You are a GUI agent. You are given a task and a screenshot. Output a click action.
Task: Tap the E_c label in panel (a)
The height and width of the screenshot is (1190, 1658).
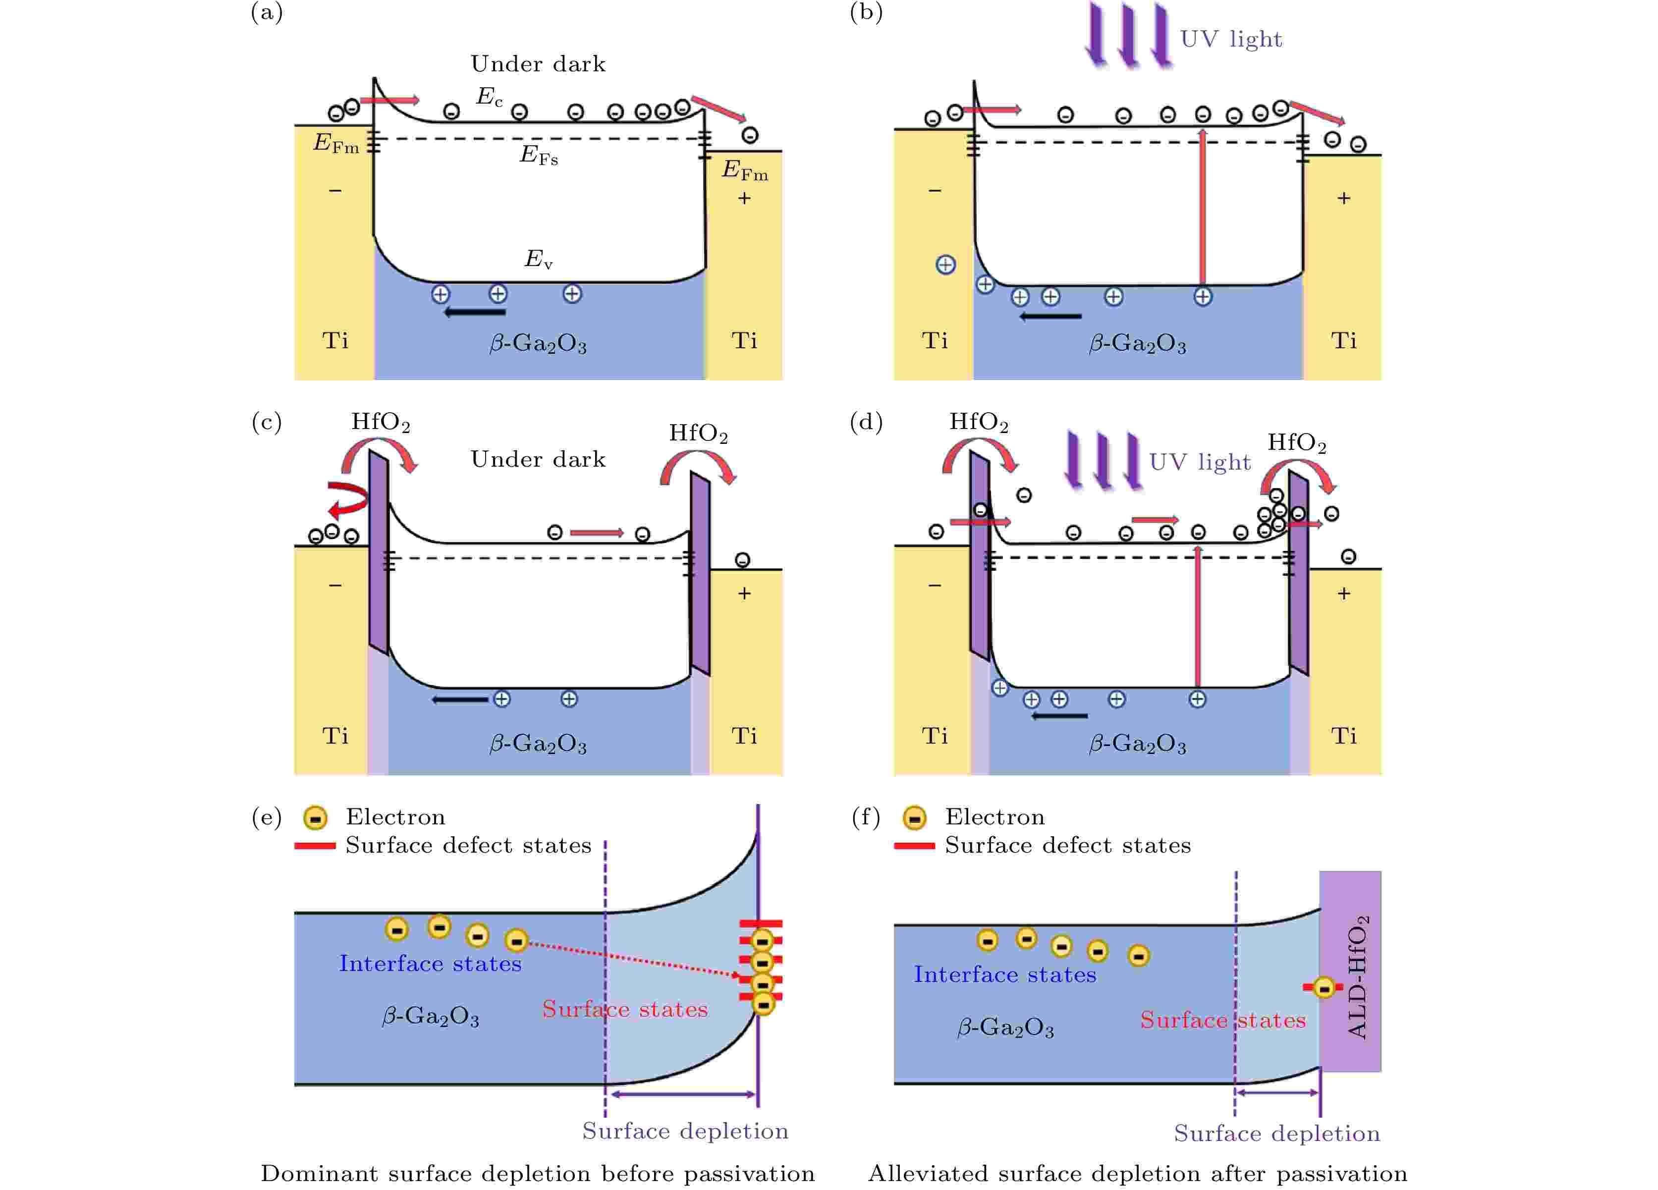[489, 97]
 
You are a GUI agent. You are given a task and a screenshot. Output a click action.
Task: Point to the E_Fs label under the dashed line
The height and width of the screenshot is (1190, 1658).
[539, 156]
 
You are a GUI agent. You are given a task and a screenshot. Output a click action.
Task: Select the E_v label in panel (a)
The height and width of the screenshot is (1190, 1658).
[538, 259]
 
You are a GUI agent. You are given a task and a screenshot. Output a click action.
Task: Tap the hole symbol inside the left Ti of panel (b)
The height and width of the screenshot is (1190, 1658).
[945, 265]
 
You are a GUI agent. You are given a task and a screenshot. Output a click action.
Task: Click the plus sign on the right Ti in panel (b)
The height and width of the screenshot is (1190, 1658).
[1344, 198]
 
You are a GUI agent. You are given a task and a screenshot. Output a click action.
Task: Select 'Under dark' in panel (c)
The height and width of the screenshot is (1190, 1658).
[538, 459]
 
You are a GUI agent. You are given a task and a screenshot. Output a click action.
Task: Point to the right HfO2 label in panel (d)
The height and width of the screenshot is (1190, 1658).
[1296, 443]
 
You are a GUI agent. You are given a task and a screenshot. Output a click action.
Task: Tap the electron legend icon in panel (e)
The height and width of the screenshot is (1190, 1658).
[315, 818]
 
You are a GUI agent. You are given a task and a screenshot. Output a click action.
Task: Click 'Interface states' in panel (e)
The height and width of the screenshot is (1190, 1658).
[430, 964]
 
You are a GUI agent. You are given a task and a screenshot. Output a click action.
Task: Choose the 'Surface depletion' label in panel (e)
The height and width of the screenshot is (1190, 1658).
[685, 1131]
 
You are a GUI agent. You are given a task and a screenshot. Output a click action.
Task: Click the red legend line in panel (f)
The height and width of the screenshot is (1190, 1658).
[914, 846]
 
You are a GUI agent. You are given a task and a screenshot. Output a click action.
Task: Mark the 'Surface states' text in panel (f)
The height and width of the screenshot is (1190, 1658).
[1222, 1020]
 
